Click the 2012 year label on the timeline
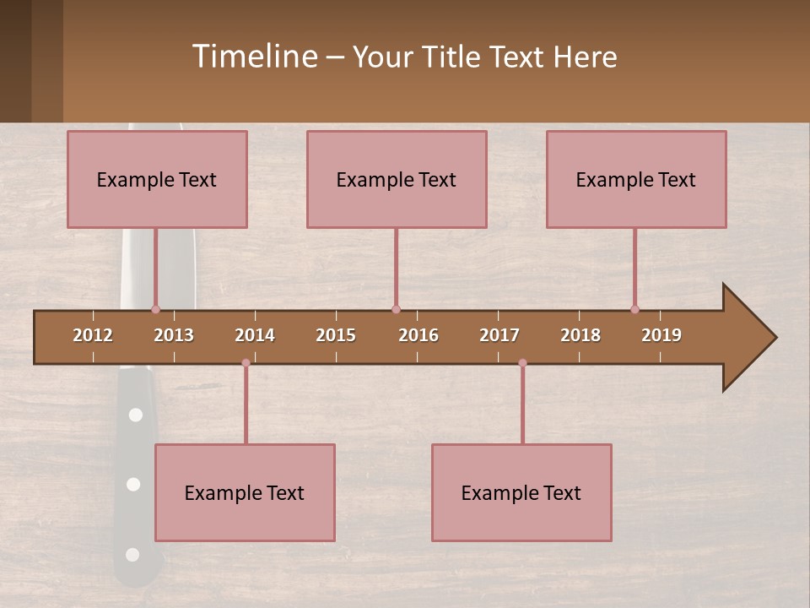(x=93, y=335)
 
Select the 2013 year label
(x=174, y=335)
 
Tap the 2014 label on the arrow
(x=255, y=335)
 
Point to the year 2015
(x=336, y=335)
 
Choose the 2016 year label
(x=418, y=335)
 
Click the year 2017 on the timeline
(x=499, y=335)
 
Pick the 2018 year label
(x=580, y=335)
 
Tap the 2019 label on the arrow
(x=661, y=335)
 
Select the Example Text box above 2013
(x=157, y=179)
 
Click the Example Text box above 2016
(x=397, y=179)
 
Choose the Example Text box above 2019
(x=636, y=179)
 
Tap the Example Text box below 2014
(x=245, y=492)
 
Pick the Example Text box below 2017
(x=521, y=492)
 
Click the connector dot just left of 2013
(x=155, y=309)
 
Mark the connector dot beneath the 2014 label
(x=246, y=363)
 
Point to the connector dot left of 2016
(x=396, y=309)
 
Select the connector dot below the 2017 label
(x=522, y=363)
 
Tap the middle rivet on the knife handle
(x=133, y=484)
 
